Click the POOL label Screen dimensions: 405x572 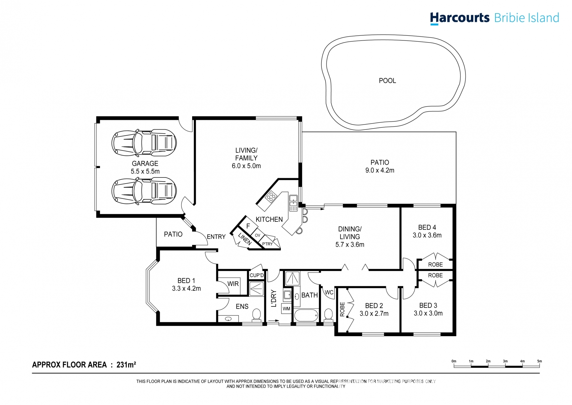(387, 81)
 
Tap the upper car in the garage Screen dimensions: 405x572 (144, 143)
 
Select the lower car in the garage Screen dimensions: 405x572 (144, 191)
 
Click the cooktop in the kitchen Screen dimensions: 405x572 (271, 196)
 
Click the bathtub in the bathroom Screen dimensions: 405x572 (306, 316)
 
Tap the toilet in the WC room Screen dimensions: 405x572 (328, 315)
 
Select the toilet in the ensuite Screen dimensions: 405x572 (257, 315)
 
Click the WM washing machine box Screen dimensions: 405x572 (286, 308)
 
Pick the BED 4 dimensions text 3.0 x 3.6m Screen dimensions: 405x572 (427, 235)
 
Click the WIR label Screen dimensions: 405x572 (233, 284)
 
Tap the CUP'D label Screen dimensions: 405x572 (257, 275)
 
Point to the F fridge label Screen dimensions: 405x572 (248, 226)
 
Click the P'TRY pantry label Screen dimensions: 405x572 (267, 244)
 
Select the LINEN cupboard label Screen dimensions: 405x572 (245, 239)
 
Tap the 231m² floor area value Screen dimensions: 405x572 (126, 365)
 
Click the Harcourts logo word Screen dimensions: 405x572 (459, 18)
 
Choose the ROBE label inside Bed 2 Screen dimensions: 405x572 (342, 309)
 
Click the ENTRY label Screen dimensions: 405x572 (216, 237)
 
